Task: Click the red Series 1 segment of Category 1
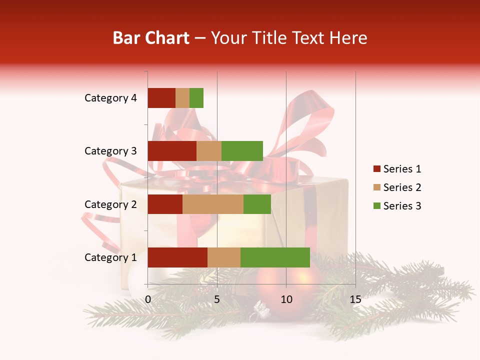coord(177,257)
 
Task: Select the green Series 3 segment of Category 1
coord(275,257)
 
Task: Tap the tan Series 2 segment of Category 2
coord(213,204)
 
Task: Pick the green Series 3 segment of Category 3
coord(242,151)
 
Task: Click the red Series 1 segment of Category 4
coord(161,98)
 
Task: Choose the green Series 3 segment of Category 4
coord(196,98)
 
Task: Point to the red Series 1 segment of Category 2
coord(165,204)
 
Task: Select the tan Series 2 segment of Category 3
coord(209,151)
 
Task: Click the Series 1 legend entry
coord(397,169)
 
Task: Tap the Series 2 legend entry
coord(397,187)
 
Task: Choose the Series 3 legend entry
coord(397,206)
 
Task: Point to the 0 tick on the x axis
coord(148,299)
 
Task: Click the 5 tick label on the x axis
coord(217,299)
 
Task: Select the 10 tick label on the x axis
coord(286,299)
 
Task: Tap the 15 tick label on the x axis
coord(355,299)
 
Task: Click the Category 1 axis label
coord(110,257)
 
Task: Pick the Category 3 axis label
coord(110,151)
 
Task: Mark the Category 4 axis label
coord(110,98)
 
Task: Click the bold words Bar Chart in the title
coord(151,38)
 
